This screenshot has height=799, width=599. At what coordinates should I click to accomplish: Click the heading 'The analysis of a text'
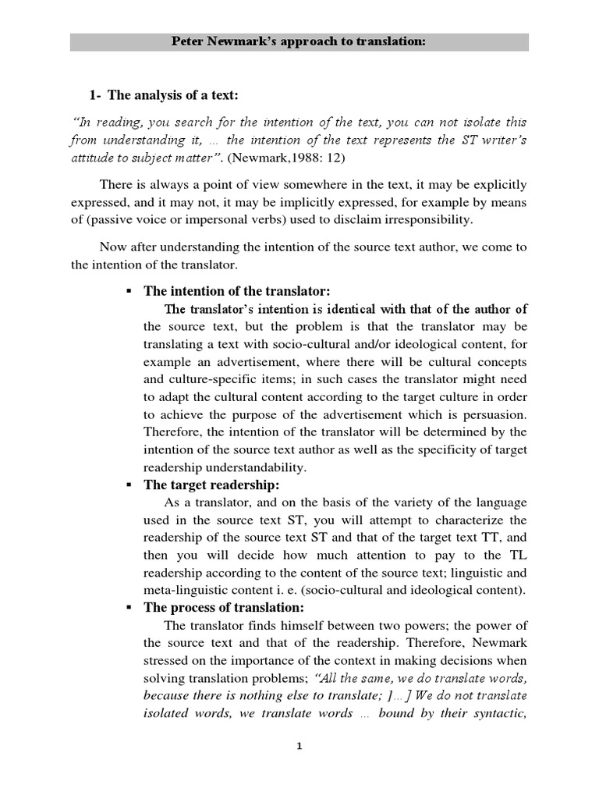point(172,96)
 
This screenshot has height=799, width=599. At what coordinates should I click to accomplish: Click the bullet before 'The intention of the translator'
point(128,291)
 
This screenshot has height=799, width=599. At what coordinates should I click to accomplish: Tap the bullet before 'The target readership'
point(128,485)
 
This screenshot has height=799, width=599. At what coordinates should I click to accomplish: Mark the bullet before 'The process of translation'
point(128,608)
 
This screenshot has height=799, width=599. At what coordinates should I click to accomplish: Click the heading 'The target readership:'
point(211,485)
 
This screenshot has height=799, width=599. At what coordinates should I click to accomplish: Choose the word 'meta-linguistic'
point(184,590)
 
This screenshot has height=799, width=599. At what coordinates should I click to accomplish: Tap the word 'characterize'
point(491,520)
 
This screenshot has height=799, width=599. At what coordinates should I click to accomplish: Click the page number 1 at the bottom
point(299,747)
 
